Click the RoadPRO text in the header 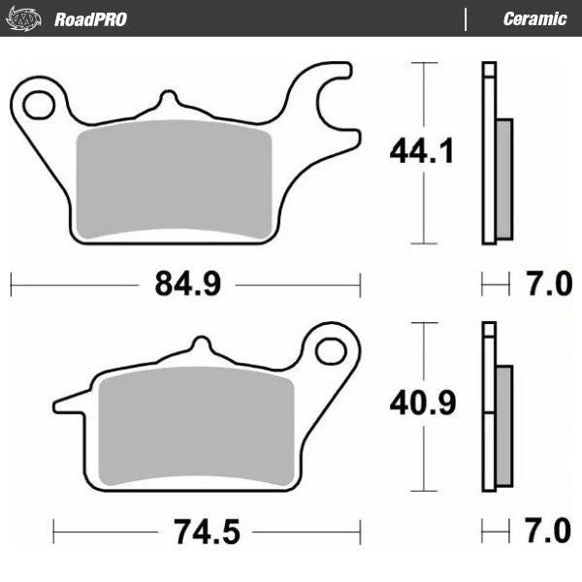click(90, 19)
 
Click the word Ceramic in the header click(534, 19)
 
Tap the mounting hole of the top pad click(39, 104)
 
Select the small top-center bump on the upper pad click(169, 100)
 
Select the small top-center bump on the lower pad click(200, 346)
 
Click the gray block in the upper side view click(503, 178)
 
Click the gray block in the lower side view click(503, 427)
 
